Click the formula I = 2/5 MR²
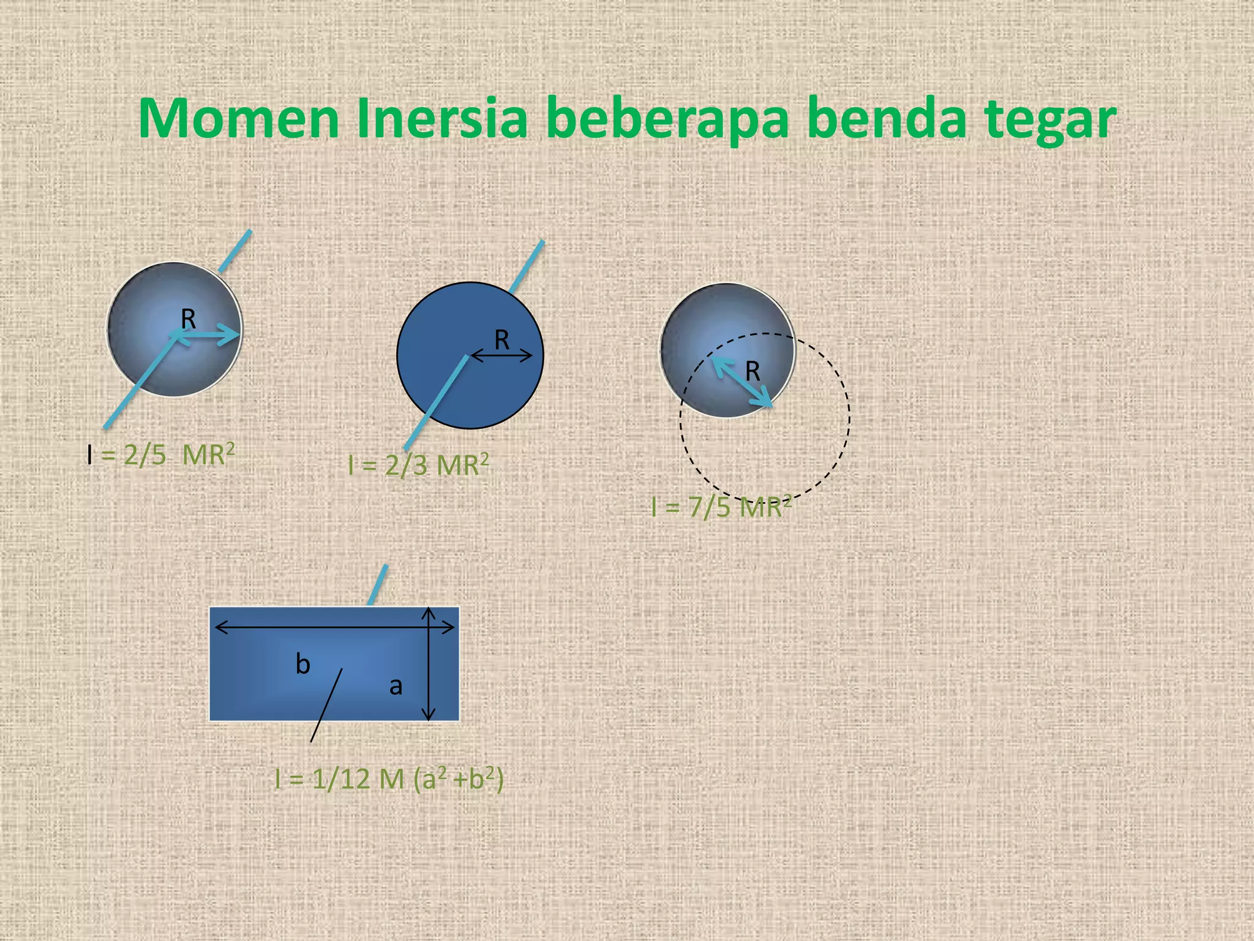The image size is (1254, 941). [x=160, y=455]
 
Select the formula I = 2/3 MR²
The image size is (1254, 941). [x=418, y=465]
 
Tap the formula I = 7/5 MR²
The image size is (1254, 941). [x=721, y=507]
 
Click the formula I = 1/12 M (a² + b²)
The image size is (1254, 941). [x=389, y=779]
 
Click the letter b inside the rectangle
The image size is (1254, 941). [x=302, y=664]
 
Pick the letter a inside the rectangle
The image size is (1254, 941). [x=396, y=686]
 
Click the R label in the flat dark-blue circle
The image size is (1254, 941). [x=501, y=340]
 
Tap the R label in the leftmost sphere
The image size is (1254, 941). [x=188, y=319]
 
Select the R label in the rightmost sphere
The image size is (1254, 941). [x=753, y=371]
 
